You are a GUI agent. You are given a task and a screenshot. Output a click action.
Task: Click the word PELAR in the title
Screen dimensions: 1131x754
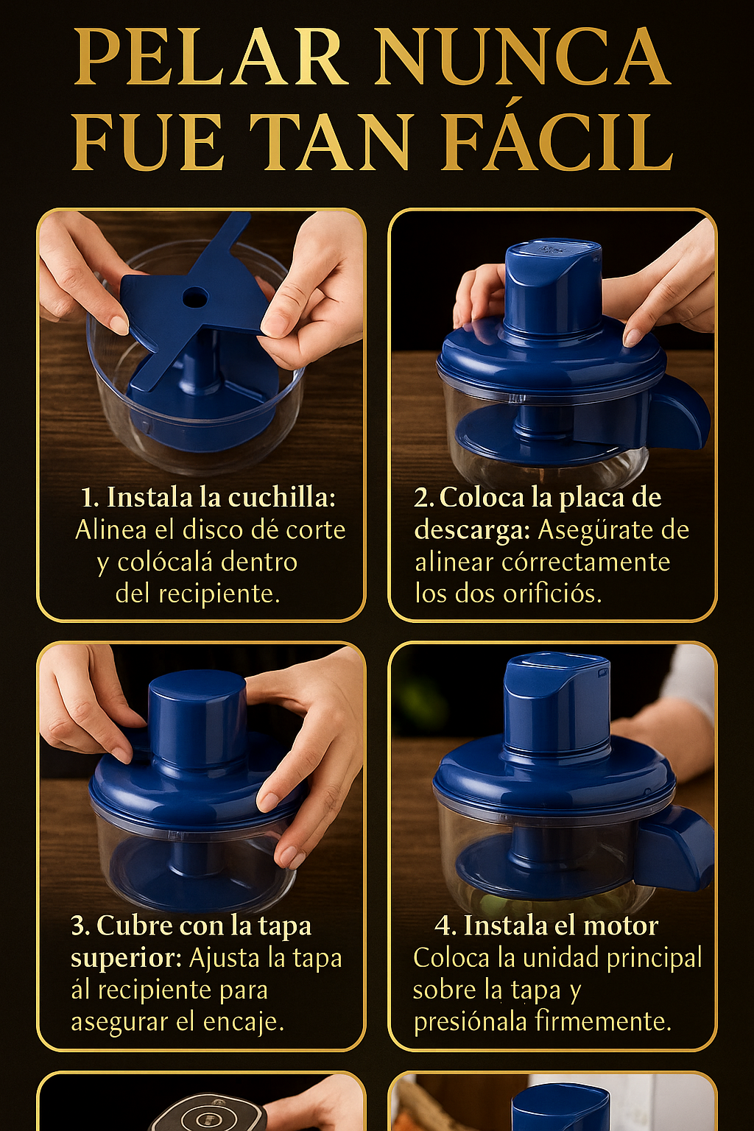(211, 58)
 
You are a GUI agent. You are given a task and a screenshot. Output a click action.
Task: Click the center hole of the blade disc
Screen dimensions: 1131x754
(194, 297)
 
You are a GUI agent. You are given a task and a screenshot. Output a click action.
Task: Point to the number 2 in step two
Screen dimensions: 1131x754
(423, 498)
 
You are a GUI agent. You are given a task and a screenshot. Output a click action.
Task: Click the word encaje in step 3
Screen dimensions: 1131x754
(244, 1022)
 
